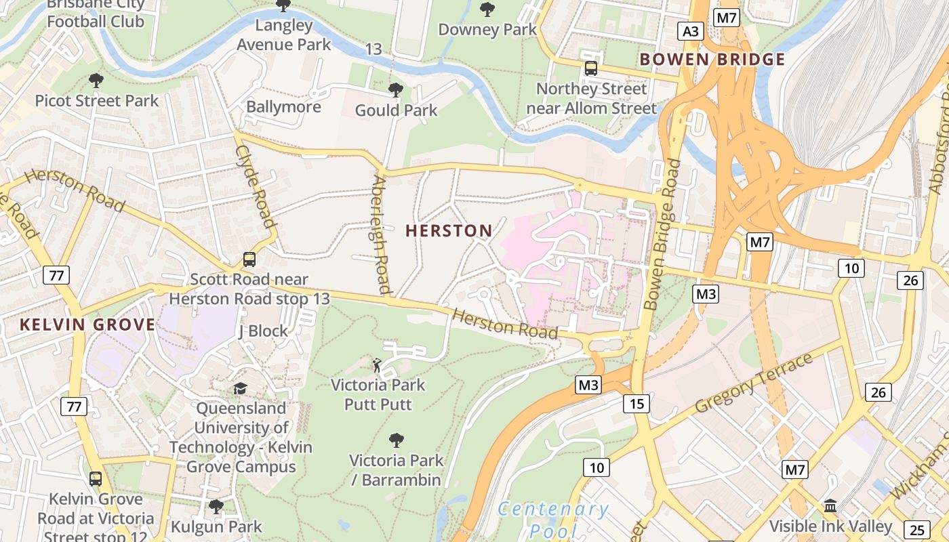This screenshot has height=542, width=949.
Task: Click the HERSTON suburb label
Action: [449, 231]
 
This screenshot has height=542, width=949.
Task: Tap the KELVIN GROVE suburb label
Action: [87, 325]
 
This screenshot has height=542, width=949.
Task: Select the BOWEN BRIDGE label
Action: [712, 60]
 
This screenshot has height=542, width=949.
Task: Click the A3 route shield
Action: [690, 31]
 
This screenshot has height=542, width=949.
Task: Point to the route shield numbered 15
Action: [637, 404]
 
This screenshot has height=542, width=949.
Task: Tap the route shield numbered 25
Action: [918, 529]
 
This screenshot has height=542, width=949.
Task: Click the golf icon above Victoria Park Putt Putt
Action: [378, 366]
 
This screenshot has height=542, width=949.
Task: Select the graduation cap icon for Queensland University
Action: [241, 388]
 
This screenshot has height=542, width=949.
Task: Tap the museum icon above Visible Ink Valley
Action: [830, 506]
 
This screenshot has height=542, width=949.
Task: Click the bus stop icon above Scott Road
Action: [249, 259]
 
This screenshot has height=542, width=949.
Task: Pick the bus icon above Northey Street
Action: [591, 68]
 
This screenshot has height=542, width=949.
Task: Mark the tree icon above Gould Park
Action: [396, 89]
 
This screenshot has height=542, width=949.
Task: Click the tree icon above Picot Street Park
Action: [96, 81]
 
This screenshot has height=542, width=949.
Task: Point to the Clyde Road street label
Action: [256, 186]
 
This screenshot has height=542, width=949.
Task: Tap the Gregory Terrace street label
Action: [754, 384]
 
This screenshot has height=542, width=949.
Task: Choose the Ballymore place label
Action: [283, 107]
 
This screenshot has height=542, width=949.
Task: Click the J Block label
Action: [263, 331]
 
